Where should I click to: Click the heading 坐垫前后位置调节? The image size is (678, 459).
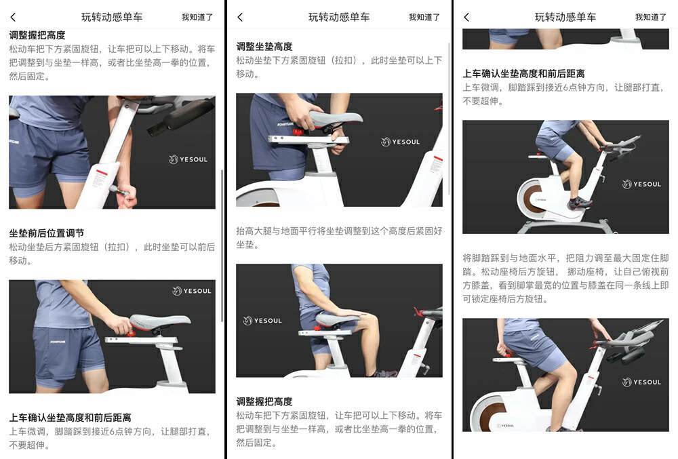(47, 233)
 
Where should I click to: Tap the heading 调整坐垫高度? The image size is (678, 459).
(264, 47)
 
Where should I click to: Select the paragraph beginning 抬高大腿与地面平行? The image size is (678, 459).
(339, 238)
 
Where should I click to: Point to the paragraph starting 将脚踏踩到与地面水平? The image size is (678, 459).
(565, 279)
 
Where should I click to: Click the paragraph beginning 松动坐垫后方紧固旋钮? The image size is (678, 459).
(112, 254)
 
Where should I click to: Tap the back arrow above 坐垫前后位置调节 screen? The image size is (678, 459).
(13, 17)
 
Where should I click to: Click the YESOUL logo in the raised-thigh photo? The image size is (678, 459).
(262, 321)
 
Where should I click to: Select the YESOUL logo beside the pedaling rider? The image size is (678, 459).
(641, 184)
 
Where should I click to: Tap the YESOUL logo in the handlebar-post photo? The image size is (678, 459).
(188, 159)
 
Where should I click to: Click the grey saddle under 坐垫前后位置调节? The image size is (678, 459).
(160, 323)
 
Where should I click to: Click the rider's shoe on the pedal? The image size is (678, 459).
(578, 202)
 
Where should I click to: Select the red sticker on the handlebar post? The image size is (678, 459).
(101, 172)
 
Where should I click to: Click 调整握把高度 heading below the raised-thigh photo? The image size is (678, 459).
(264, 401)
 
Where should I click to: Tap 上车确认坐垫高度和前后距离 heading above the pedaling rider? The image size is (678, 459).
(523, 74)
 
